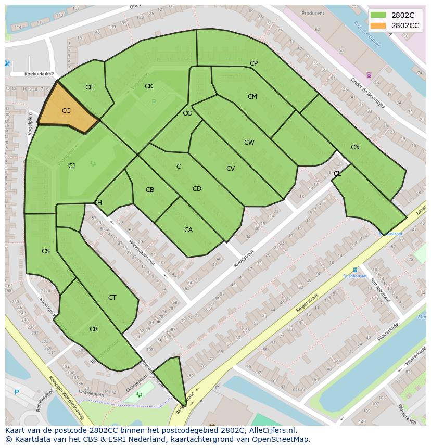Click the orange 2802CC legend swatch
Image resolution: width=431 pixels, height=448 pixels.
[x=378, y=25]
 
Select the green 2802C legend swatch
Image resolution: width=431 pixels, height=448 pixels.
[x=378, y=15]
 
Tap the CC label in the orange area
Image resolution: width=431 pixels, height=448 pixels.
[x=66, y=111]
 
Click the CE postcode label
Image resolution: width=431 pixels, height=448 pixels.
[x=90, y=87]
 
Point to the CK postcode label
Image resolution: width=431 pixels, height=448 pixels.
[x=149, y=86]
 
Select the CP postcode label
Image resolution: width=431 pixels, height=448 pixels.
[x=253, y=63]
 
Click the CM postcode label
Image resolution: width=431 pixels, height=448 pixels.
[x=252, y=97]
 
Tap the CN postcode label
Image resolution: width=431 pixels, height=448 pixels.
[x=355, y=147]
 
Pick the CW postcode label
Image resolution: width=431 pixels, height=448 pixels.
[x=249, y=143]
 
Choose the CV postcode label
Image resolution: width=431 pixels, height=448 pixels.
[x=231, y=169]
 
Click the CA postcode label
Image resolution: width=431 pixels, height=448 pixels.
[x=188, y=230]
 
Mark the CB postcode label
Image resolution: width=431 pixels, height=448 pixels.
[x=150, y=190]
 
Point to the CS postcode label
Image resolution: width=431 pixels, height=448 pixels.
[x=46, y=251]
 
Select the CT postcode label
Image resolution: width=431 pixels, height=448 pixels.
[x=112, y=298]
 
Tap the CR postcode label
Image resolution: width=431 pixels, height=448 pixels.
[x=94, y=329]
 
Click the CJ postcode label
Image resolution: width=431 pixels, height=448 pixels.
[x=72, y=166]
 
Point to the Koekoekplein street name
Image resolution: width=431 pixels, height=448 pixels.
[x=40, y=74]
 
